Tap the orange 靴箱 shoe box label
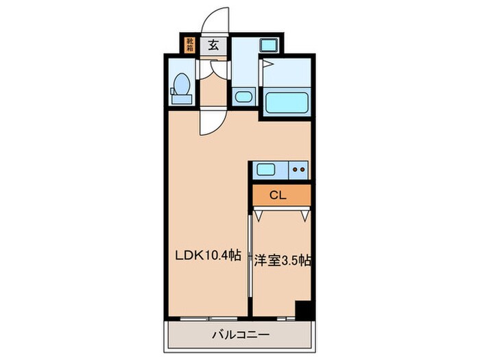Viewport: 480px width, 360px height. pos(189,45)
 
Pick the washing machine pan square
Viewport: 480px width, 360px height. pos(267,47)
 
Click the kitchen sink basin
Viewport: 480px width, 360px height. pos(264,169)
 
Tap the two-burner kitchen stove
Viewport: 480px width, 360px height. pos(298,169)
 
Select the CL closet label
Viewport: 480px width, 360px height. pos(277,195)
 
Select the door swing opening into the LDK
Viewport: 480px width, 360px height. pos(210,123)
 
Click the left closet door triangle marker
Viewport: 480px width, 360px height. pos(259,215)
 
